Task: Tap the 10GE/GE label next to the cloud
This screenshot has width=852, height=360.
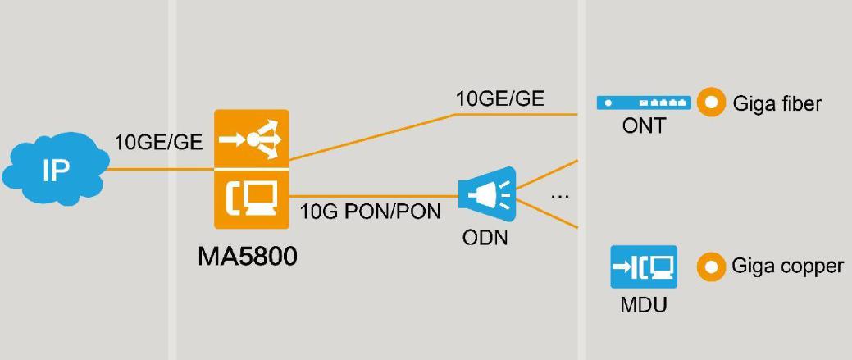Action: coord(158,142)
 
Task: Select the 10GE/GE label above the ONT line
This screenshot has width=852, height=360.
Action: coord(500,99)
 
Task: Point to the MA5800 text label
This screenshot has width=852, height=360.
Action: coord(248,256)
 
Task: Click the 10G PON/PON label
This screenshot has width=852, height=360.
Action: coord(370,212)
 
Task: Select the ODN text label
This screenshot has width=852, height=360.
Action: coord(485,239)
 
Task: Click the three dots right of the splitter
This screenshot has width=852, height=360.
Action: coord(560,196)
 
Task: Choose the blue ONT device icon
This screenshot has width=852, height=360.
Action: coord(644,103)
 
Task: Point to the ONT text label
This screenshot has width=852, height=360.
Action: coord(644,127)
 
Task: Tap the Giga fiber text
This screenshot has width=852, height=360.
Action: coord(777,103)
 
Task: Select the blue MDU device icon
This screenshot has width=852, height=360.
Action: coord(644,267)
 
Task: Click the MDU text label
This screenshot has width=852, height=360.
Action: coord(644,306)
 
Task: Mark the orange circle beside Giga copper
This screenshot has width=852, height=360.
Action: coord(712,267)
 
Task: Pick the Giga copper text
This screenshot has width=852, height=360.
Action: coord(786,267)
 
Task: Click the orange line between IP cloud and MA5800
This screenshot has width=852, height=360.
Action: coord(160,170)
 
